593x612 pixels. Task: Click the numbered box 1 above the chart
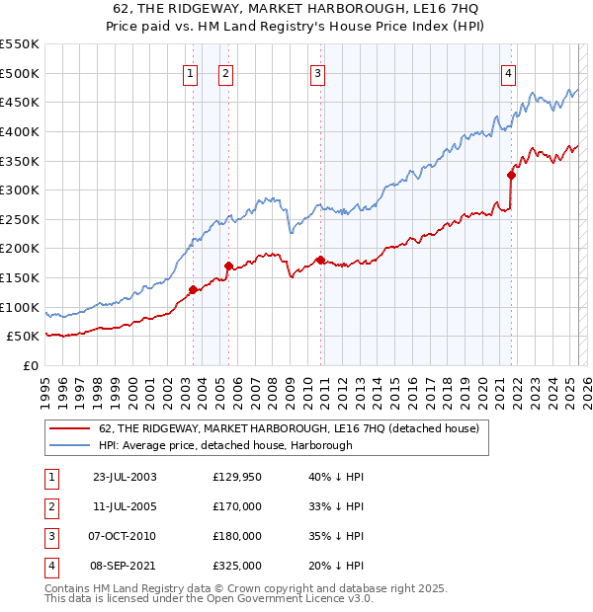point(189,72)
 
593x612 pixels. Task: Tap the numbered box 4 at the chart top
point(508,72)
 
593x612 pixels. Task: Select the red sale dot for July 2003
point(193,289)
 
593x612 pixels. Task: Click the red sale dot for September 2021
point(511,175)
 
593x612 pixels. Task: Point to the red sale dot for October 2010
point(320,260)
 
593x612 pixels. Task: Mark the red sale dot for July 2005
point(228,266)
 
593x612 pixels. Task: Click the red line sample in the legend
point(69,428)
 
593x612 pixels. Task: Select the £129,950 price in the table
point(237,478)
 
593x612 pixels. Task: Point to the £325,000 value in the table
point(237,566)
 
